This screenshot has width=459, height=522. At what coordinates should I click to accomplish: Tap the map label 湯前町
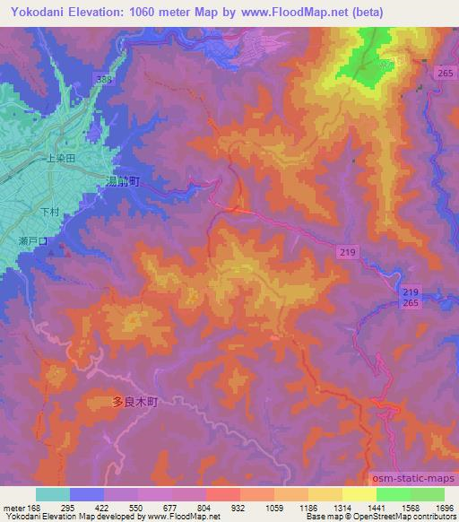point(125,180)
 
